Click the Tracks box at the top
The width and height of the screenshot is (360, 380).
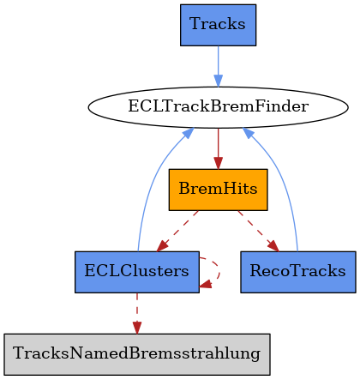218,25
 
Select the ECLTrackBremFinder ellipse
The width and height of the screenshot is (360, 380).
218,107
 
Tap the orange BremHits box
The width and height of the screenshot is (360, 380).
218,190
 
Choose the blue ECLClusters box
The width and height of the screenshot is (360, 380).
137,272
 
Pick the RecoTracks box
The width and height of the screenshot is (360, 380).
298,272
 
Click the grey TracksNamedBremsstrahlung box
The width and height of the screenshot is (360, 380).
137,354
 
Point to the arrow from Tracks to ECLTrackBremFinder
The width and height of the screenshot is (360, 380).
218,66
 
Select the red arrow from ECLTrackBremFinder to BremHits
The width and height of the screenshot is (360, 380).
218,148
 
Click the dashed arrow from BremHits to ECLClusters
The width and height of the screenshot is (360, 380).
177,231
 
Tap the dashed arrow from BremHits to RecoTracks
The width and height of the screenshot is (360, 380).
258,231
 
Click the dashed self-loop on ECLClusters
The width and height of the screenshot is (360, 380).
219,272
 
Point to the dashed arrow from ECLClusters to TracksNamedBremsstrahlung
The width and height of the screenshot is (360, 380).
137,313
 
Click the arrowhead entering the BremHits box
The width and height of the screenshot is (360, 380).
218,163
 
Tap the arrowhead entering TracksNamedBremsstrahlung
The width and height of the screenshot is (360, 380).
137,328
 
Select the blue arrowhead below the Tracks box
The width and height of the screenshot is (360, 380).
218,81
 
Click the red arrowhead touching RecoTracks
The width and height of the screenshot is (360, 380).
273,247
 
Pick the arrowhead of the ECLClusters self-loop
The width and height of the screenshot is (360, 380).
205,285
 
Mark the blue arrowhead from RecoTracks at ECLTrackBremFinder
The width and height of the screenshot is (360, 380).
247,133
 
